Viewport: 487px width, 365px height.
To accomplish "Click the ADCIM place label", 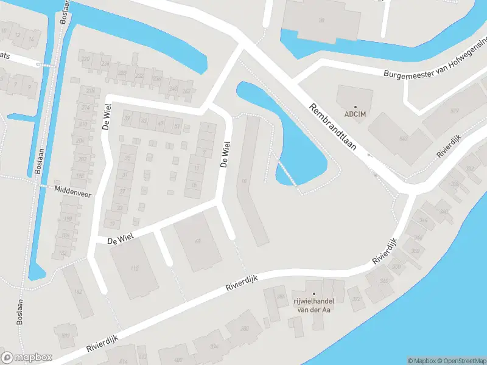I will point(356,114).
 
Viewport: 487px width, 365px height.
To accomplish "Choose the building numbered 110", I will point(134,268).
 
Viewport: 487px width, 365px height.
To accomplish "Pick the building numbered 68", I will point(197,242).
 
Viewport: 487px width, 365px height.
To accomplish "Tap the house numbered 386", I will point(281,297).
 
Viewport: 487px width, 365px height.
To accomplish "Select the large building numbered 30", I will point(321,20).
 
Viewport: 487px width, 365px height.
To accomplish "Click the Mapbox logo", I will point(27,358).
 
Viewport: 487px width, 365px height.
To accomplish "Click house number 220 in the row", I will point(86,59).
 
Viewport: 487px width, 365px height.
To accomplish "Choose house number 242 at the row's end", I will point(186,91).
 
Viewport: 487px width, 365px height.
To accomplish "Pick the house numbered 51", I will point(177,126).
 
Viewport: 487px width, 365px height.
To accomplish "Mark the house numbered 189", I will point(65,335).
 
